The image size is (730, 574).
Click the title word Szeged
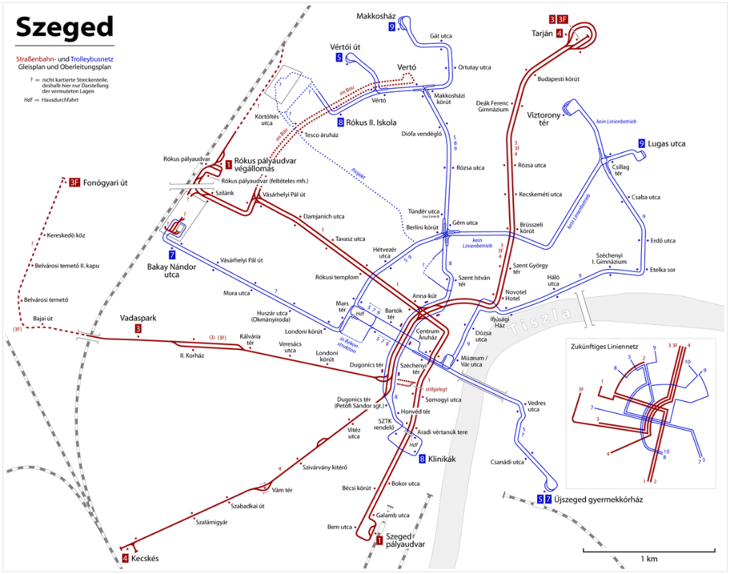point(65,27)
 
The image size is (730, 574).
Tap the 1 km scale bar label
point(649,558)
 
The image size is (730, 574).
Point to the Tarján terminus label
point(545,33)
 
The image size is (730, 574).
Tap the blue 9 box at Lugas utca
point(641,144)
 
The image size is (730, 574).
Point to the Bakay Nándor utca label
point(172,270)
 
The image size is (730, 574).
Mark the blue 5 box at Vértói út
point(339,57)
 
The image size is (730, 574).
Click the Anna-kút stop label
point(424,295)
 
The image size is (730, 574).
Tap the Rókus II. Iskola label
point(371,123)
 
